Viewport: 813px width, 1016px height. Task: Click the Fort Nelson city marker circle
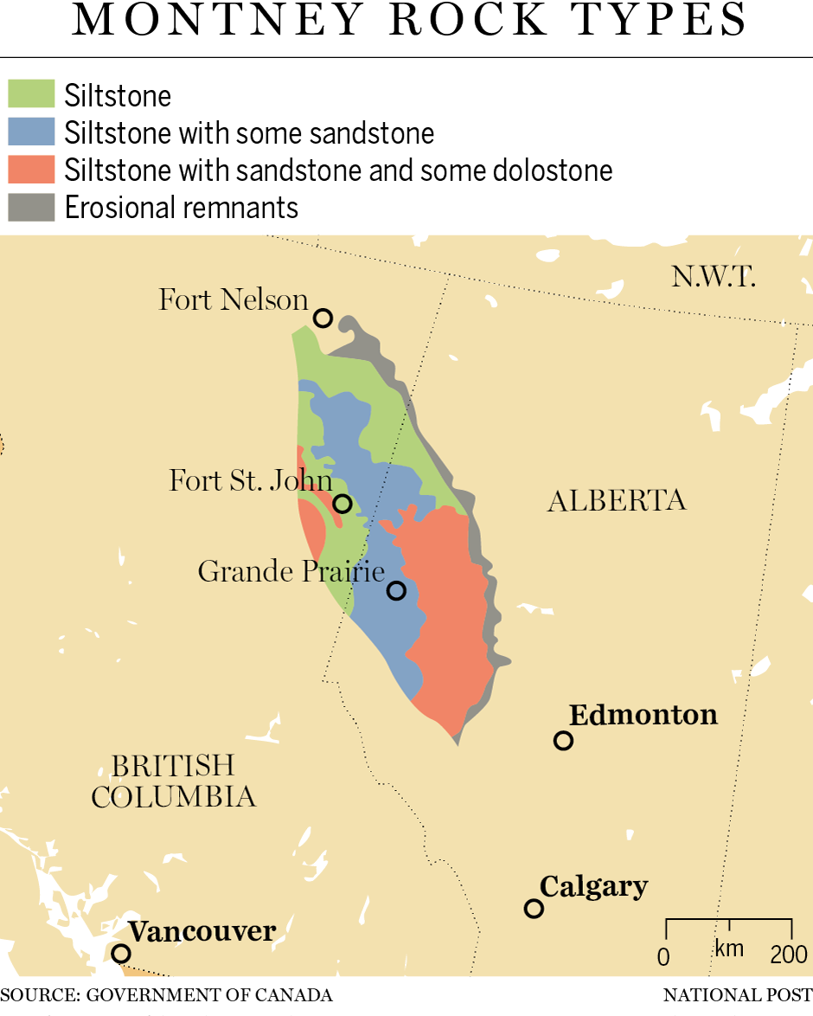point(323,318)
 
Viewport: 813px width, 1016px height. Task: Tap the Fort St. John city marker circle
point(342,504)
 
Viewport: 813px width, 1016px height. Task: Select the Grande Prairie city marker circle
point(396,590)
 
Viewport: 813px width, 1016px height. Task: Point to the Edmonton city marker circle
point(563,740)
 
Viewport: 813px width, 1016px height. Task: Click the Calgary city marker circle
point(534,908)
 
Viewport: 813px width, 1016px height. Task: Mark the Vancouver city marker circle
point(121,953)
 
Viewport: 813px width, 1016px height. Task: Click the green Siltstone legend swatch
point(31,94)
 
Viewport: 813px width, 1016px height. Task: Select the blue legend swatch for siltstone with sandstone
point(31,132)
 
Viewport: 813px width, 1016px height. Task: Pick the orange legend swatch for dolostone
point(31,170)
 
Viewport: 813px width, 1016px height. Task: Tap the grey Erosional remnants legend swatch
point(31,208)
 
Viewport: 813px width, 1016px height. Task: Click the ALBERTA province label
point(617,500)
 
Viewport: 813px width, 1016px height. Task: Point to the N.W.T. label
point(714,277)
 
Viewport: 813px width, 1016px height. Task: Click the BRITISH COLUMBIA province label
point(173,781)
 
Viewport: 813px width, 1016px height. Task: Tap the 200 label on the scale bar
point(789,955)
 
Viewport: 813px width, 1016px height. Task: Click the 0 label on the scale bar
point(663,956)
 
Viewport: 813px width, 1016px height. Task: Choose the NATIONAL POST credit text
point(738,995)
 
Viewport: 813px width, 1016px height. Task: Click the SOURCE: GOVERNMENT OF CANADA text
point(166,995)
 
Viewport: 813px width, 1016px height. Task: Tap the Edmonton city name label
point(643,715)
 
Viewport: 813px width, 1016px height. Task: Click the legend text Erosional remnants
point(182,208)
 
